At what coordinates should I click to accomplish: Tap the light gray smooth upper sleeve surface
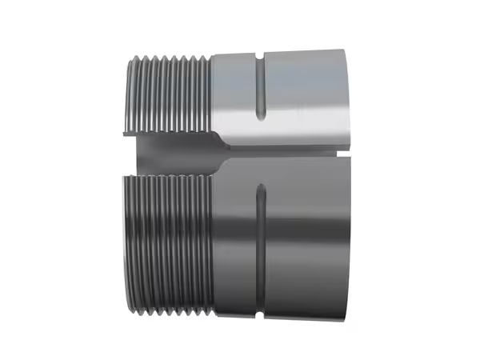coord(304,96)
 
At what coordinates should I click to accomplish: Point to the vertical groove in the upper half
coord(260,88)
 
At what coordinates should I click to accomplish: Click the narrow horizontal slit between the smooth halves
coord(288,150)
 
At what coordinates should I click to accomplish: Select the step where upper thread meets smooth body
coord(211,92)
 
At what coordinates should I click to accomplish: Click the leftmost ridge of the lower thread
coord(128,240)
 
